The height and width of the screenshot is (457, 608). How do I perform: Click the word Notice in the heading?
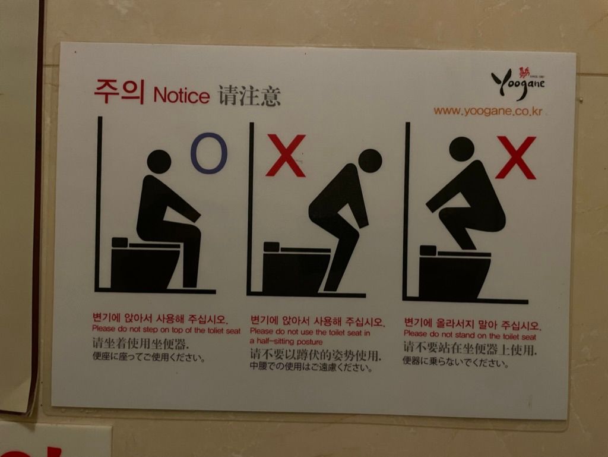pos(182,96)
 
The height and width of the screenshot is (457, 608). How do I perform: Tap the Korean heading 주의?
pos(119,92)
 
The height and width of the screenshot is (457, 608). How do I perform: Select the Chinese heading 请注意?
pos(249,96)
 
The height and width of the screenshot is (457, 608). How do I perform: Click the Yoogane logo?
pos(518,83)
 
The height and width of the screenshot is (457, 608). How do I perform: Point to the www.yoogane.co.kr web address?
pos(488,111)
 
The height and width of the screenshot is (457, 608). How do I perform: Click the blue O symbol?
pos(208,153)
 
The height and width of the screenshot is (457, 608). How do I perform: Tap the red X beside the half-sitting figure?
pos(286,156)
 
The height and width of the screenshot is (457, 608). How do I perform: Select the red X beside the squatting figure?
pos(516,157)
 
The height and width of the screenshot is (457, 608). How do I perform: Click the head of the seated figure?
pos(159,162)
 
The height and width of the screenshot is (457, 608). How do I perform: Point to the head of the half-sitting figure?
pos(370,160)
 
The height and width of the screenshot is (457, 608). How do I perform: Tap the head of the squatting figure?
pos(461,149)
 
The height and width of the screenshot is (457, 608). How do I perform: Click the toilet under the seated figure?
pos(145,263)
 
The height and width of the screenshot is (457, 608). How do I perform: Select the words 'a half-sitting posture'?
pos(286,341)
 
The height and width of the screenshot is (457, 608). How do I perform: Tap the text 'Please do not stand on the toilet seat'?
pos(470,335)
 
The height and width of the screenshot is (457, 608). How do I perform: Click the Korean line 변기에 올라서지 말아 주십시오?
pos(473,324)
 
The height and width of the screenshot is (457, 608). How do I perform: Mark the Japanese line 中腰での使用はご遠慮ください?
pos(311,366)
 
